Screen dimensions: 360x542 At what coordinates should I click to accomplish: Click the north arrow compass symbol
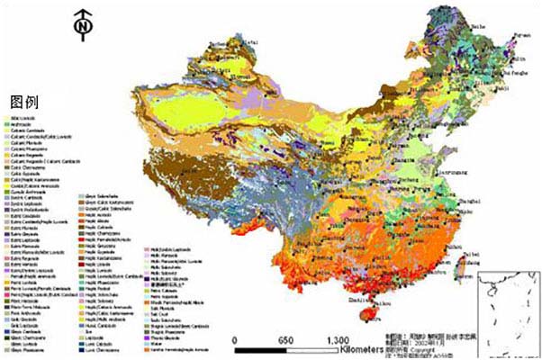[x=83, y=26]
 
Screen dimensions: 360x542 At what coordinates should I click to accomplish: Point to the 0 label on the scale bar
[x=235, y=341]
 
